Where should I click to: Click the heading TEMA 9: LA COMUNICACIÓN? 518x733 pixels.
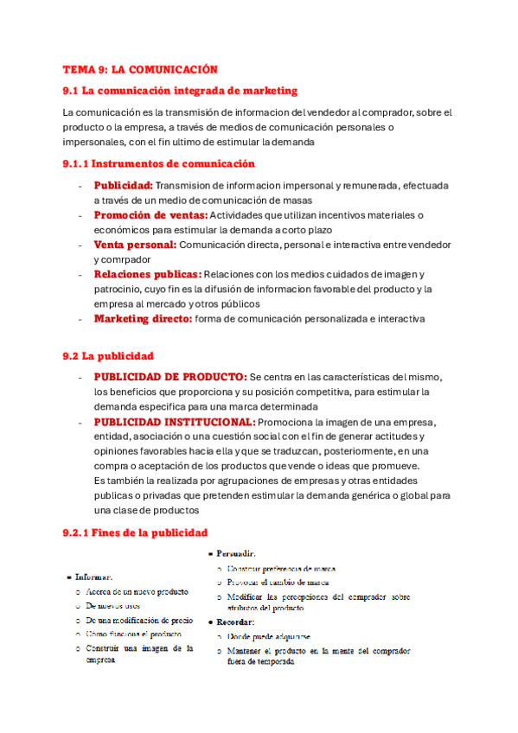[x=140, y=69]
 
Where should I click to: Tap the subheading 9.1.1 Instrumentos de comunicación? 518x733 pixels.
[x=158, y=163]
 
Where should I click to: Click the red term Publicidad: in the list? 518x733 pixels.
[x=123, y=185]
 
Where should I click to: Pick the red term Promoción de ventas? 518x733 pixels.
[x=150, y=215]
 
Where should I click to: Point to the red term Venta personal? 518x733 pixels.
[x=134, y=245]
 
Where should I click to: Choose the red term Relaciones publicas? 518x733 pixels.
[x=147, y=274]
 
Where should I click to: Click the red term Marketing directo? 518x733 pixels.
[x=143, y=319]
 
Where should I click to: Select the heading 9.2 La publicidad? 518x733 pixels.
[x=108, y=355]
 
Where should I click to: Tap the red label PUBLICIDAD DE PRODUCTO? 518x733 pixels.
[x=169, y=378]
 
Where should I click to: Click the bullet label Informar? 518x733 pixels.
[x=93, y=577]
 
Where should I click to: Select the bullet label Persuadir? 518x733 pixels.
[x=236, y=552]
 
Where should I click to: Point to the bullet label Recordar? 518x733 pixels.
[x=235, y=621]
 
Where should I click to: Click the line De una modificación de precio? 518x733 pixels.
[x=139, y=621]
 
